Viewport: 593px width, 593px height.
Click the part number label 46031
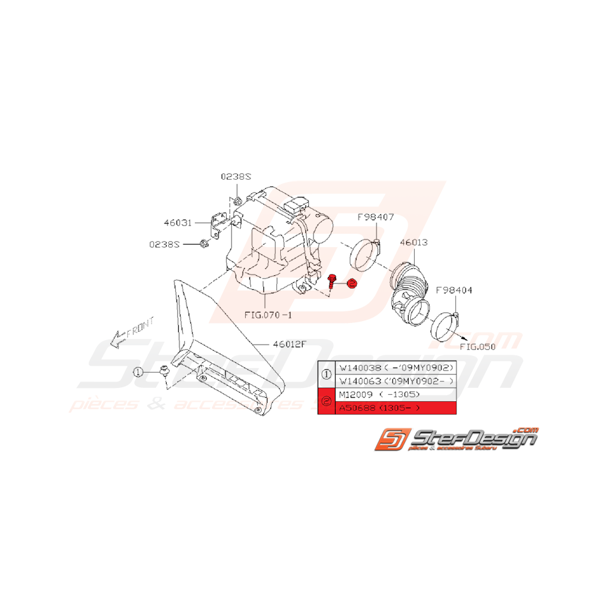[176, 223]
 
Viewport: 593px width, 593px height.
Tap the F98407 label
[376, 217]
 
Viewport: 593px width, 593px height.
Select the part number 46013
[413, 243]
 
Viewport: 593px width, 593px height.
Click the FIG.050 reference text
[477, 348]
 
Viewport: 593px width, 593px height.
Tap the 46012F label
[290, 344]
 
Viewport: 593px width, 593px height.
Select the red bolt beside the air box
[332, 282]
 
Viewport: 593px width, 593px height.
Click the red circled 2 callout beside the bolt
[352, 284]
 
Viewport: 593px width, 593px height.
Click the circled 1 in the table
[326, 375]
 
